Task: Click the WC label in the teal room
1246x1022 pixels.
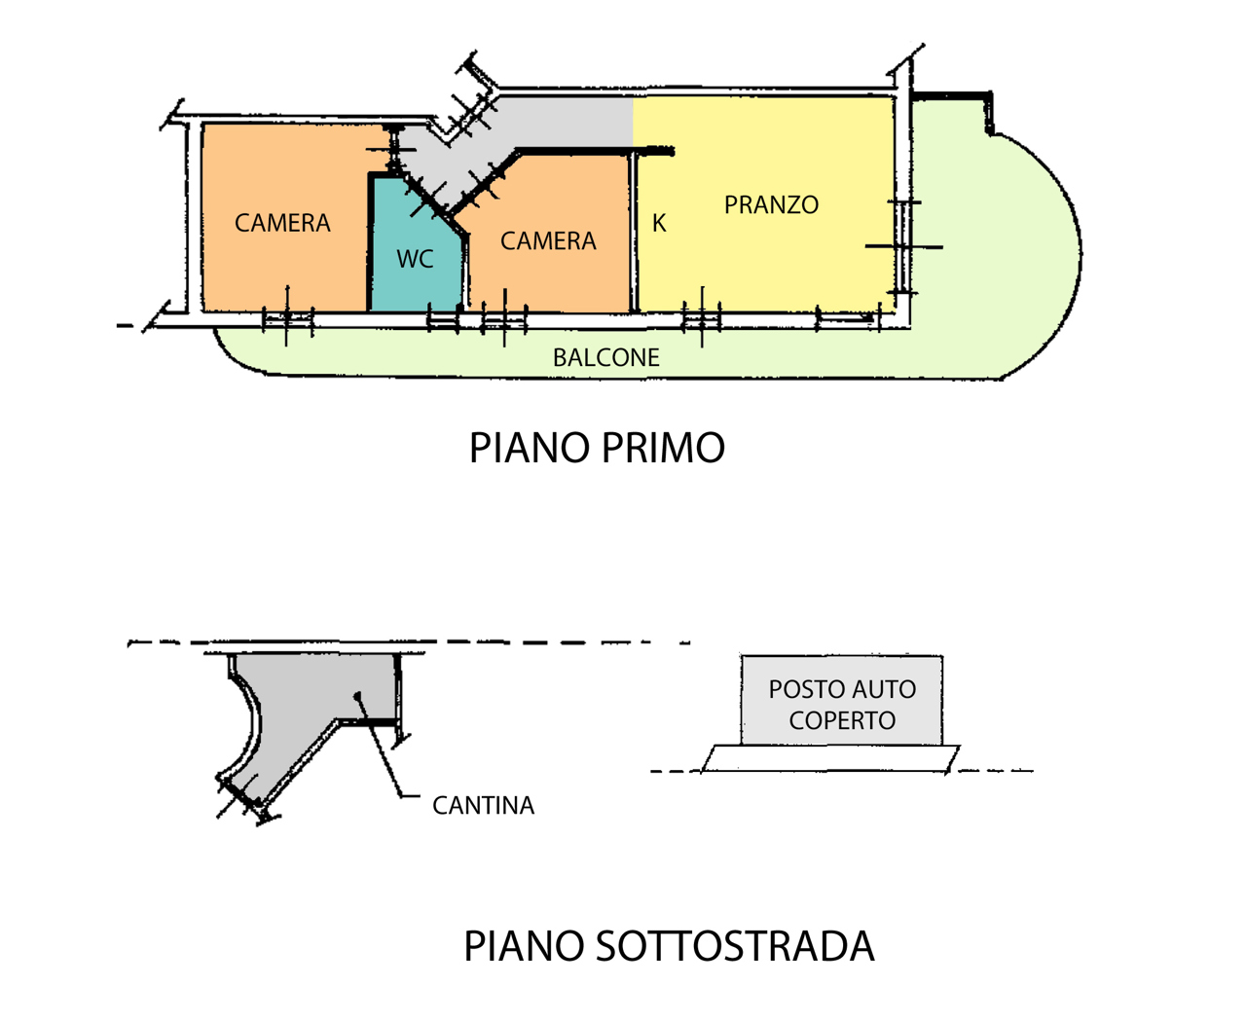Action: pos(415,259)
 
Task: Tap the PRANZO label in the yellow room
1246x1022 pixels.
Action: pos(771,205)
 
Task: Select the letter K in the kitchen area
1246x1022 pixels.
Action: pos(659,223)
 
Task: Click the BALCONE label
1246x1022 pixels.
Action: pos(605,357)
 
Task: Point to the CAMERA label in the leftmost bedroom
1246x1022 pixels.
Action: pos(282,223)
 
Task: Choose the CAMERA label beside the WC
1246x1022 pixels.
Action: pos(548,241)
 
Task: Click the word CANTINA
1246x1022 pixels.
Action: pos(483,805)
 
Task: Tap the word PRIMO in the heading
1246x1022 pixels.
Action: pos(663,447)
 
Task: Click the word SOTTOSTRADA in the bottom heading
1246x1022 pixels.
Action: pos(735,946)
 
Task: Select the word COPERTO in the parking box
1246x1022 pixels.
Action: pos(842,720)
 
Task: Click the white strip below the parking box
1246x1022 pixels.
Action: pos(830,758)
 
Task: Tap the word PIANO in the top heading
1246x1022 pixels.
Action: pos(530,447)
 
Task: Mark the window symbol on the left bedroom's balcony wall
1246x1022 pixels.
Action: pos(287,319)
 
